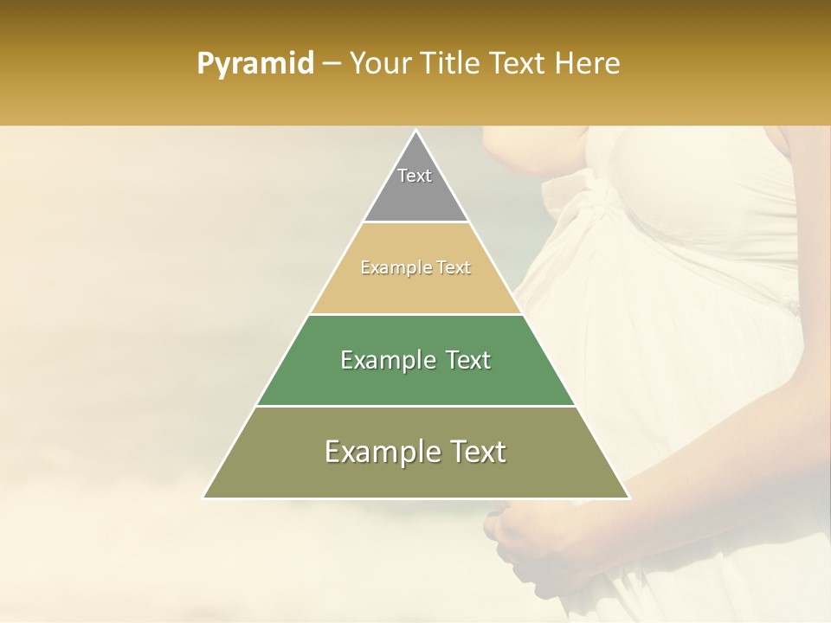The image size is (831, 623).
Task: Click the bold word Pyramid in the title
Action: (x=254, y=64)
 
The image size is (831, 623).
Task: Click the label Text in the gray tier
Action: (x=415, y=176)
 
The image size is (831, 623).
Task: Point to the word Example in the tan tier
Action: (x=390, y=267)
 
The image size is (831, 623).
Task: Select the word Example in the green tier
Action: (x=379, y=360)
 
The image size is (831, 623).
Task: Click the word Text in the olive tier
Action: (x=474, y=452)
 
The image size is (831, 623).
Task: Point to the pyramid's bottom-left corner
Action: (x=203, y=498)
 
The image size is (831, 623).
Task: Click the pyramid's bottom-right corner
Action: (x=629, y=498)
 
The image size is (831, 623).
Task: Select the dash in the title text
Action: (x=332, y=64)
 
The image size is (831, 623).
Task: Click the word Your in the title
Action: (x=379, y=63)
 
